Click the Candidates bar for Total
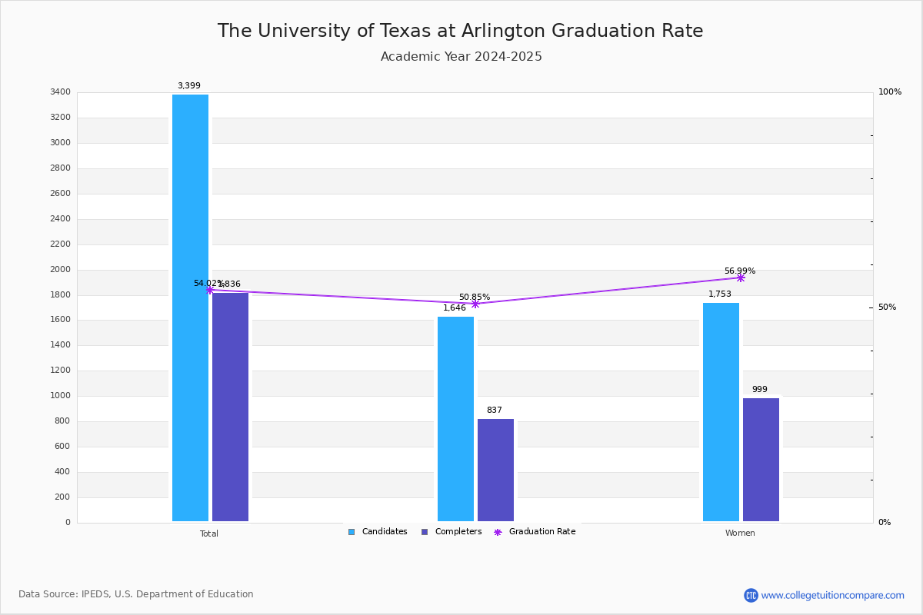click(x=190, y=307)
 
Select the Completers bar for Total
click(x=230, y=407)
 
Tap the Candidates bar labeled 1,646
click(x=455, y=419)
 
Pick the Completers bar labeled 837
click(x=495, y=470)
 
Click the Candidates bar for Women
click(x=721, y=412)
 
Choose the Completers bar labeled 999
click(x=761, y=460)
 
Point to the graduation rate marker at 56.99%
click(x=741, y=278)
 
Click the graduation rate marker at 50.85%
click(x=475, y=304)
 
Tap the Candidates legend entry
click(x=378, y=532)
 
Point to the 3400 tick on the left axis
click(x=61, y=92)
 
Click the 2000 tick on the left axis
click(x=61, y=270)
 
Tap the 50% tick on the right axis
click(x=887, y=307)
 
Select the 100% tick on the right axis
click(x=889, y=92)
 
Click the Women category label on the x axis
click(x=740, y=534)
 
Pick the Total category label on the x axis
click(x=208, y=534)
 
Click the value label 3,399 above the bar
click(x=188, y=86)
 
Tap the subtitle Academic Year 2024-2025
click(x=461, y=57)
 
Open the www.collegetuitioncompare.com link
click(x=832, y=595)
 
